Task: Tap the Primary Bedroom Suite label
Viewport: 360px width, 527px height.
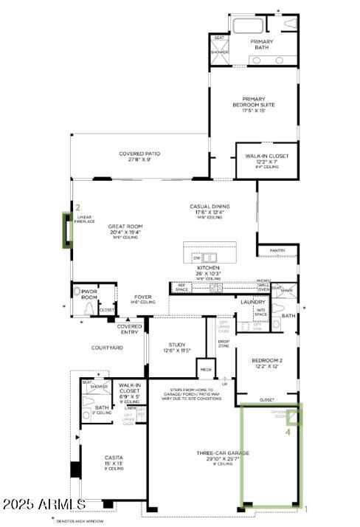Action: click(254, 105)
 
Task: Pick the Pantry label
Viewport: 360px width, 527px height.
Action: click(277, 250)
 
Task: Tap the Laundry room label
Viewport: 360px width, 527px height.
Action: click(252, 302)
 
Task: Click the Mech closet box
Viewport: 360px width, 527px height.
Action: click(204, 368)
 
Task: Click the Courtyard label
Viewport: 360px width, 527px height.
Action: click(107, 348)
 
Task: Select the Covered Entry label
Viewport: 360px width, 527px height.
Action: click(129, 328)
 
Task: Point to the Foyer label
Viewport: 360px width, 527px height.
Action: click(143, 299)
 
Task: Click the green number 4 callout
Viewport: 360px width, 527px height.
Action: click(299, 433)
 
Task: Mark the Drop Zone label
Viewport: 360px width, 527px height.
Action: click(223, 343)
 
